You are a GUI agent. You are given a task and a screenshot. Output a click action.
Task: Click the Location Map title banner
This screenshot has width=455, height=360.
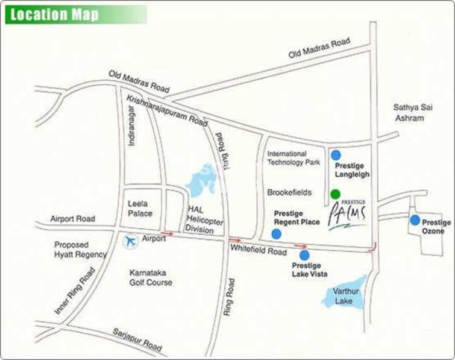click(75, 14)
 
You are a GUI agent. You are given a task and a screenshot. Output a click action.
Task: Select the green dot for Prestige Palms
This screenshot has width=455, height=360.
click(335, 194)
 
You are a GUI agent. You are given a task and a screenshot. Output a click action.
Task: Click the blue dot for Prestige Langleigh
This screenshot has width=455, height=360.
click(336, 155)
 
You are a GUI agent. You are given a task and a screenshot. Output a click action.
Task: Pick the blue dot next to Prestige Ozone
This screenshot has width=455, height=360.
click(415, 220)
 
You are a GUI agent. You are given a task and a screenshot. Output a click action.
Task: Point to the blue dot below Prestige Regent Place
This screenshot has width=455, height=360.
click(277, 233)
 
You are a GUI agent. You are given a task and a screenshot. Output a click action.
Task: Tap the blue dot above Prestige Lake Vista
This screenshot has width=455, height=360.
click(304, 255)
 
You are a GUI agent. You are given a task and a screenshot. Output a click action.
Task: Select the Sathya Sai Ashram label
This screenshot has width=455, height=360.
click(409, 113)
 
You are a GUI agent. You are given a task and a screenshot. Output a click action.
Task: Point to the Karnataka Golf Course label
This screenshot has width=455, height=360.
click(151, 277)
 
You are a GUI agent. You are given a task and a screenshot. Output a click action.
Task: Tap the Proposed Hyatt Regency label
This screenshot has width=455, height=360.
click(80, 250)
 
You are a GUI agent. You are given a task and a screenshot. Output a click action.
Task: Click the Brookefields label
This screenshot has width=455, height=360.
click(289, 192)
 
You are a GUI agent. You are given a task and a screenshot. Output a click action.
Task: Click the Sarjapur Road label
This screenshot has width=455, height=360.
click(137, 340)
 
